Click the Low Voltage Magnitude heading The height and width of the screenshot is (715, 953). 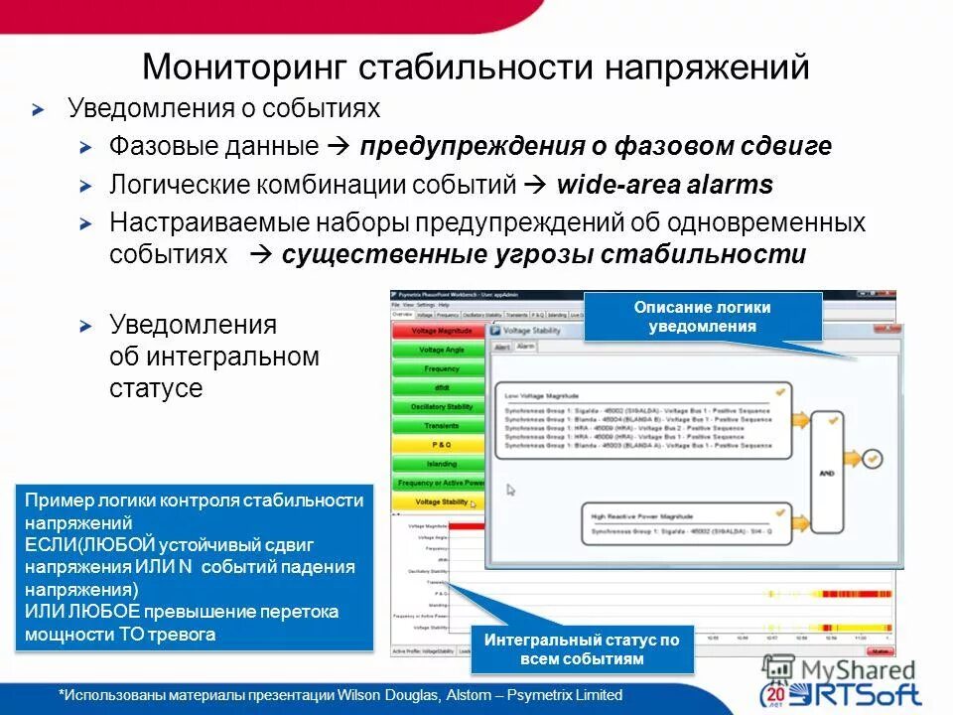click(542, 395)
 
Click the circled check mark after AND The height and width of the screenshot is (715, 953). click(872, 459)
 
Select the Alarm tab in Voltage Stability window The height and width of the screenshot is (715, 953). click(525, 347)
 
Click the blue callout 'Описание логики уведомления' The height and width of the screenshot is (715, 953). click(703, 317)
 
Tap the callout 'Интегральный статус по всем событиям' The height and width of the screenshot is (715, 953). click(582, 649)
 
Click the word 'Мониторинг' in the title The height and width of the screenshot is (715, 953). click(244, 68)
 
